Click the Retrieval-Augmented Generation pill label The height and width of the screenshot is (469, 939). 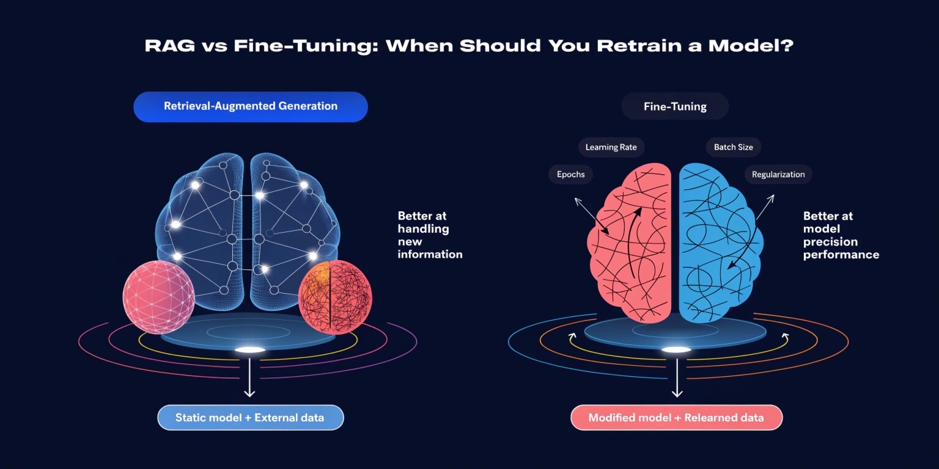pyautogui.click(x=250, y=106)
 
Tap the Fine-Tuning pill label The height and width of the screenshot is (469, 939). pyautogui.click(x=675, y=107)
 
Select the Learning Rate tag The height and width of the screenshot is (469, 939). pyautogui.click(x=611, y=147)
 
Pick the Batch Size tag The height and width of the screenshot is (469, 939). pyautogui.click(x=733, y=147)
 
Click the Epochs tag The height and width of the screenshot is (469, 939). pyautogui.click(x=570, y=174)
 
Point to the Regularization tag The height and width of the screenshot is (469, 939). pyautogui.click(x=778, y=174)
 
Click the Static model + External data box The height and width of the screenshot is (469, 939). pyautogui.click(x=250, y=418)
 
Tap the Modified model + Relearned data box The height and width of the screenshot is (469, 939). pyautogui.click(x=676, y=418)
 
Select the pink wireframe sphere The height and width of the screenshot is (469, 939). pyautogui.click(x=159, y=297)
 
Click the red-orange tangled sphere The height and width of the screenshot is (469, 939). pyautogui.click(x=335, y=297)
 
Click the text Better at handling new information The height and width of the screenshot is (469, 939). pyautogui.click(x=430, y=235)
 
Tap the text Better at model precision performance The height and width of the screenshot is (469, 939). pyautogui.click(x=841, y=235)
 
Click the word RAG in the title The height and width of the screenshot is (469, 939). pyautogui.click(x=169, y=46)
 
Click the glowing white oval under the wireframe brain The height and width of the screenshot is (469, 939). pyautogui.click(x=250, y=350)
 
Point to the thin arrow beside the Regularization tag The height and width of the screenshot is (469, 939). pyautogui.click(x=765, y=206)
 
